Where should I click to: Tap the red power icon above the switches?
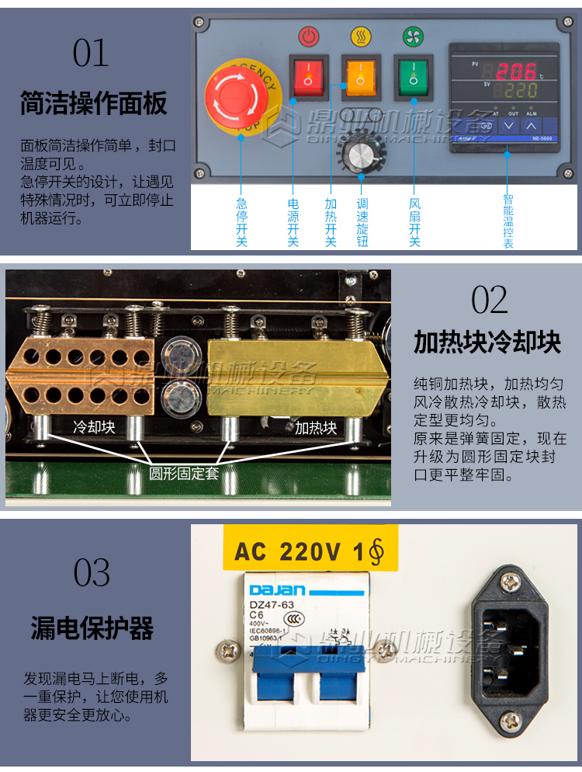pyautogui.click(x=308, y=36)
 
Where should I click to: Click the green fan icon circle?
pyautogui.click(x=413, y=36)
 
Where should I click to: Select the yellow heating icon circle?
pyautogui.click(x=360, y=36)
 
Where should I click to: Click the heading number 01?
pyautogui.click(x=92, y=53)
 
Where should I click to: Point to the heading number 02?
pyautogui.click(x=489, y=300)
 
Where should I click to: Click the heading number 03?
pyautogui.click(x=92, y=573)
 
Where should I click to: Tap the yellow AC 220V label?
pyautogui.click(x=310, y=552)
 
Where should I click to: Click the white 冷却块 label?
pyautogui.click(x=94, y=426)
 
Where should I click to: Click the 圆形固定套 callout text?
pyautogui.click(x=184, y=472)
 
